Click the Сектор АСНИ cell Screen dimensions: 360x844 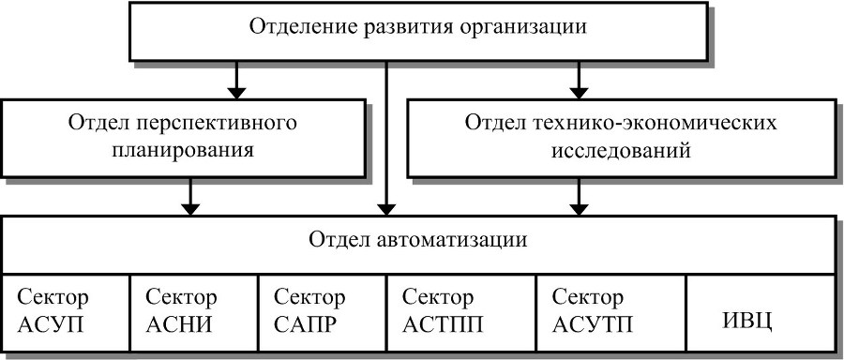click(192, 311)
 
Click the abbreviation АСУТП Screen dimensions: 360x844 click(594, 324)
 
